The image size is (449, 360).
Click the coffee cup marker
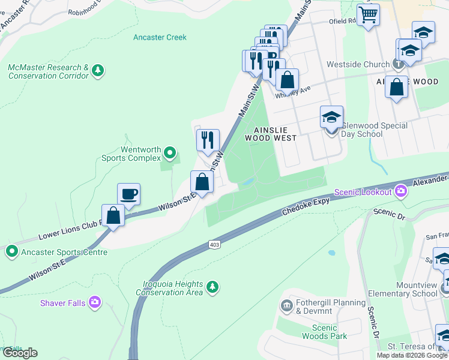coord(128,194)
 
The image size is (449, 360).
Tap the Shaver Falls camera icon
coord(94,302)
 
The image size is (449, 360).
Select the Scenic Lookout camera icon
coord(401,191)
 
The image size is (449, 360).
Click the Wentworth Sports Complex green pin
coord(170,154)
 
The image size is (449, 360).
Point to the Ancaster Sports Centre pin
coord(11,251)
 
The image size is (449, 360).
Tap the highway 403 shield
coord(214,244)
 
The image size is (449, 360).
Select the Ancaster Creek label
coord(160,37)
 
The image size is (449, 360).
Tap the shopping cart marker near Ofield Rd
coord(368,14)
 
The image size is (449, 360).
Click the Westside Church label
coord(358,64)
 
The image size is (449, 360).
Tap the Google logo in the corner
coord(20,353)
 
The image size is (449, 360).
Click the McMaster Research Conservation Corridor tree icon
coord(97,71)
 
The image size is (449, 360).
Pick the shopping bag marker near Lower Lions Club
coord(113,215)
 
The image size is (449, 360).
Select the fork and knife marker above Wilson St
coord(208,140)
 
